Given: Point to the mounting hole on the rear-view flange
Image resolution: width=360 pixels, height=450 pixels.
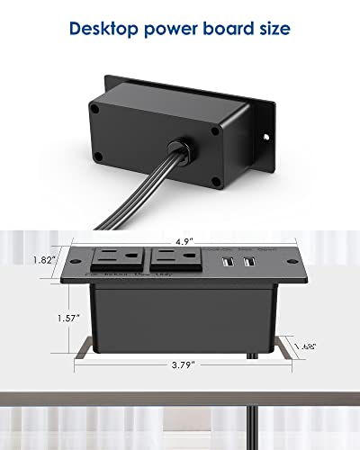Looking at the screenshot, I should (266, 138).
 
